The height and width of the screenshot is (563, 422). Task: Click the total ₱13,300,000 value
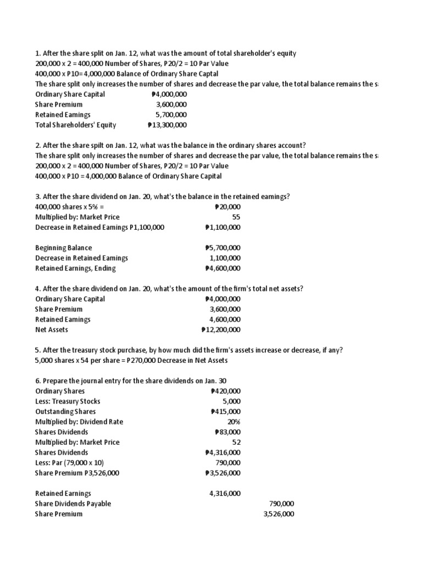click(168, 125)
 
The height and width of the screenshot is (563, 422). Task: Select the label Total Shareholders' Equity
click(76, 125)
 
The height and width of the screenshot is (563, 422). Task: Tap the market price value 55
click(236, 217)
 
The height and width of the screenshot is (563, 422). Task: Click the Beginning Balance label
click(64, 248)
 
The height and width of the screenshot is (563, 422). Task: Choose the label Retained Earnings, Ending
click(76, 268)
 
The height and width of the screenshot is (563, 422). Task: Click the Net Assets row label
click(52, 330)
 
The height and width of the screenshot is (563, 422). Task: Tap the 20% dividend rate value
click(234, 422)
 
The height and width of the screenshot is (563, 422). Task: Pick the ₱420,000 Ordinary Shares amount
click(225, 391)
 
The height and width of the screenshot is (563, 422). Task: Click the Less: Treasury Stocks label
click(68, 401)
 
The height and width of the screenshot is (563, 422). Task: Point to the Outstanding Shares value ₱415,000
click(225, 411)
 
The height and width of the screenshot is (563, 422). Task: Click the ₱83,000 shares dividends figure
click(227, 432)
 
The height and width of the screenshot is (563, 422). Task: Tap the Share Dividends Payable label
click(73, 504)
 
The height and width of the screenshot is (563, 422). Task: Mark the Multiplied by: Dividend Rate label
click(79, 422)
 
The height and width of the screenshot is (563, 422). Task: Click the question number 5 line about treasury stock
click(189, 350)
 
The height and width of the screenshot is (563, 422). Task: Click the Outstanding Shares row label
click(65, 411)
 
